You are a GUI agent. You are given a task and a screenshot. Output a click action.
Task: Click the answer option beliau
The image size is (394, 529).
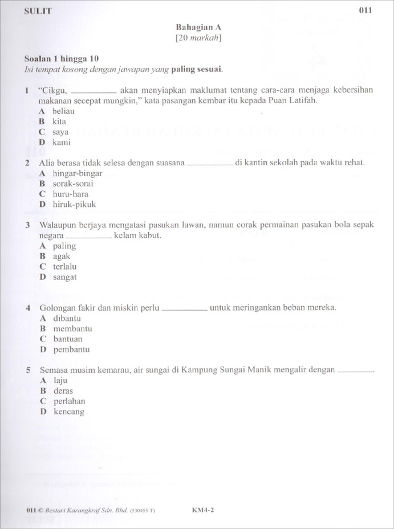(x=63, y=112)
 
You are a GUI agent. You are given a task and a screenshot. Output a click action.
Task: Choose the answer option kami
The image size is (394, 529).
(x=62, y=143)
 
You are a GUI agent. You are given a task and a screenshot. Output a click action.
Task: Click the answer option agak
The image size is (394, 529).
(x=62, y=257)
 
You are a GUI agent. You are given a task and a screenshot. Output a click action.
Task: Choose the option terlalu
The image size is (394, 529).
(x=65, y=267)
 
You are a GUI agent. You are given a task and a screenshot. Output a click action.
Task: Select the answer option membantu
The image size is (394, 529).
(x=72, y=329)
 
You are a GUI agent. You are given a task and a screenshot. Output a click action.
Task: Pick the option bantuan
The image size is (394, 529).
(x=68, y=339)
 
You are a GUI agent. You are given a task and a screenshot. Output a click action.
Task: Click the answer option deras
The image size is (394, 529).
(x=63, y=391)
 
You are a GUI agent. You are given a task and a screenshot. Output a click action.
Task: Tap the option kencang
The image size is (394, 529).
(x=68, y=412)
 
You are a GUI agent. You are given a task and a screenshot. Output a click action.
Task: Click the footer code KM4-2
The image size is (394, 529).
(x=203, y=511)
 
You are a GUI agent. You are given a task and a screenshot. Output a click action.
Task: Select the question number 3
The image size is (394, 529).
(x=28, y=225)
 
